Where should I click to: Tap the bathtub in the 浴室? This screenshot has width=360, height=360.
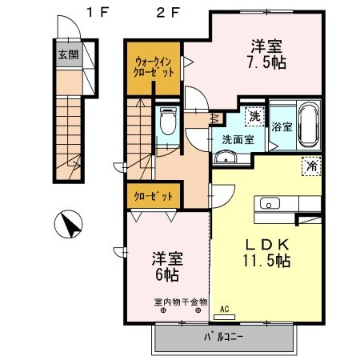pos(309,125)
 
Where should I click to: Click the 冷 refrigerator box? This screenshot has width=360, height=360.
pos(310,166)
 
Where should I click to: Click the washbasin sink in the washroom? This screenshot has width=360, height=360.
pos(227,157)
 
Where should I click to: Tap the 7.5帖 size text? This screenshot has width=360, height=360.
pos(267,62)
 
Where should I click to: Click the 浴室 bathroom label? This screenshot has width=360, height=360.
pos(282,126)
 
